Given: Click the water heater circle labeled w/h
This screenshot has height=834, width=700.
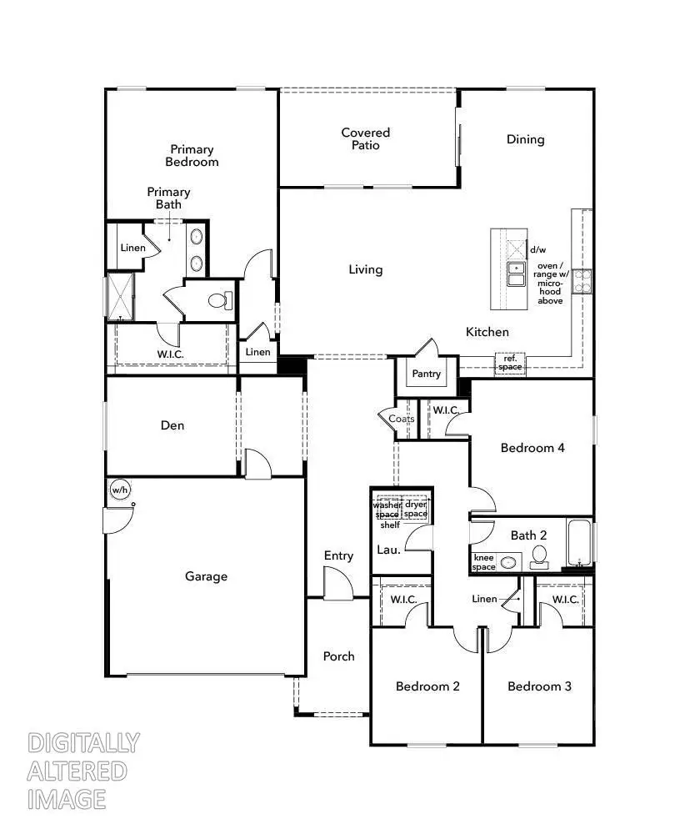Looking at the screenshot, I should click(x=120, y=490).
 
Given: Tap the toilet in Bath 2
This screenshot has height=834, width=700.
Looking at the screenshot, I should click(x=539, y=555).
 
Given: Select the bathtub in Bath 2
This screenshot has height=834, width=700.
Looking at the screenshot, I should click(x=581, y=543).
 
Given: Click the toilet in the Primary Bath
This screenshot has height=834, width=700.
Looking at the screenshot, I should click(x=221, y=300).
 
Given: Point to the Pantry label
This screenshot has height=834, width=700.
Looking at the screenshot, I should click(x=426, y=374).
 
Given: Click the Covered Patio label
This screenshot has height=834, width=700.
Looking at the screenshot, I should click(x=365, y=138).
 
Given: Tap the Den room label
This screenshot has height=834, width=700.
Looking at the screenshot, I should click(x=172, y=425).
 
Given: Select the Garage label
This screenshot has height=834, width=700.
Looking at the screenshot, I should click(x=206, y=576).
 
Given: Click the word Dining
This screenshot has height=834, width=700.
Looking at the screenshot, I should click(x=525, y=139).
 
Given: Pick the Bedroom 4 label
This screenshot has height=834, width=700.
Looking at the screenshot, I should click(x=532, y=448).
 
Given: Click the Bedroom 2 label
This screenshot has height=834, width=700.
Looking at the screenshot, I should click(x=427, y=686).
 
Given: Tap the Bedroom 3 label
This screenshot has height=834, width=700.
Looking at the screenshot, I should click(x=539, y=686).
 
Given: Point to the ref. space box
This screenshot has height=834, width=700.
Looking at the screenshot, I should click(x=509, y=363).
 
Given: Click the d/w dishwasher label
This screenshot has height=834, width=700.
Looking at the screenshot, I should click(x=537, y=249).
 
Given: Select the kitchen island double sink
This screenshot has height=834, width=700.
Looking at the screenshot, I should click(x=517, y=274).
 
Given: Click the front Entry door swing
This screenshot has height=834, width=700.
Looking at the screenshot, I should click(x=337, y=583).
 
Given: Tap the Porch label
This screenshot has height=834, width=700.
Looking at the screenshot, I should click(x=338, y=656).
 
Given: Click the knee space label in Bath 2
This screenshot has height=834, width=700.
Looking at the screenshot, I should click(x=484, y=562).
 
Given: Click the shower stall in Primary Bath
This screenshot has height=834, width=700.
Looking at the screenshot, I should click(x=121, y=297).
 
